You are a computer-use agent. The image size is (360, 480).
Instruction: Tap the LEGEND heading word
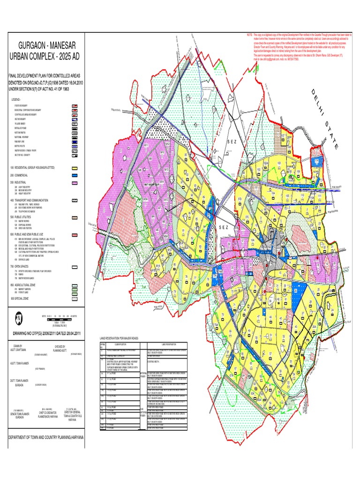[16, 100]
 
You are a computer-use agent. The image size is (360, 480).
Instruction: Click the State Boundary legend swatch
[74, 106]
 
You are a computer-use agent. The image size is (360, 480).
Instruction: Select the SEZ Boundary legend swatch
[74, 119]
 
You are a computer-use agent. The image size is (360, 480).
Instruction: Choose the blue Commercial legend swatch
[74, 175]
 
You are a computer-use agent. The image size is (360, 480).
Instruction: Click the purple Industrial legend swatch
[74, 182]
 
